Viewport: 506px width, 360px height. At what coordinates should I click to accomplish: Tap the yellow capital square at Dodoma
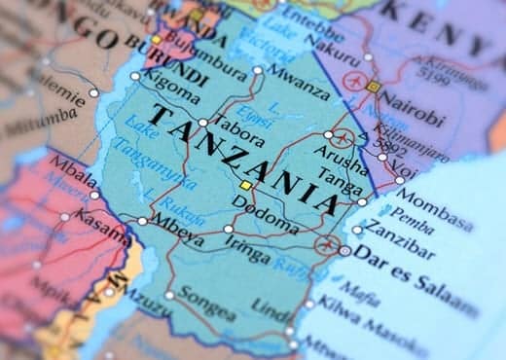(246, 185)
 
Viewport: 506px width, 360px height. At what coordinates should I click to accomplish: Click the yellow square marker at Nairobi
(373, 87)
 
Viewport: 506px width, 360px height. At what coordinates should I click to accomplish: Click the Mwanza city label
(296, 79)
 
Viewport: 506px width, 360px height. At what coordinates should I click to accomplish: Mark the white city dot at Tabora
(202, 123)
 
